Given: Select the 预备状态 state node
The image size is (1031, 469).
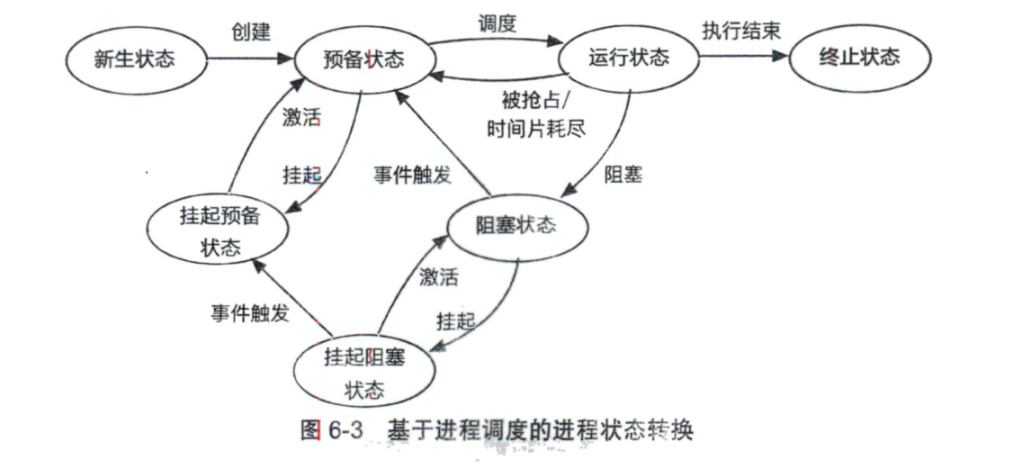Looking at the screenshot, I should [x=363, y=59].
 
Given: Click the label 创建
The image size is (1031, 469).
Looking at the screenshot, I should [x=250, y=32].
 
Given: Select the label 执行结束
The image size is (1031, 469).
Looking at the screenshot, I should [x=740, y=30].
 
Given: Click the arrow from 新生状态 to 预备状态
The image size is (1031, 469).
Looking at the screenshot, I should [x=252, y=60].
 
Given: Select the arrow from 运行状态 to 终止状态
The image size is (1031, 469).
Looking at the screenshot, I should [x=742, y=57].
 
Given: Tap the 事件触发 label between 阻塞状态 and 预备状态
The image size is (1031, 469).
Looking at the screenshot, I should [x=412, y=176].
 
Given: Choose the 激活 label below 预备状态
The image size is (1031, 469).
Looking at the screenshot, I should [x=301, y=117].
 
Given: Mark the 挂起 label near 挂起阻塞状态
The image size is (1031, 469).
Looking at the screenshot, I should [x=456, y=320].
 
